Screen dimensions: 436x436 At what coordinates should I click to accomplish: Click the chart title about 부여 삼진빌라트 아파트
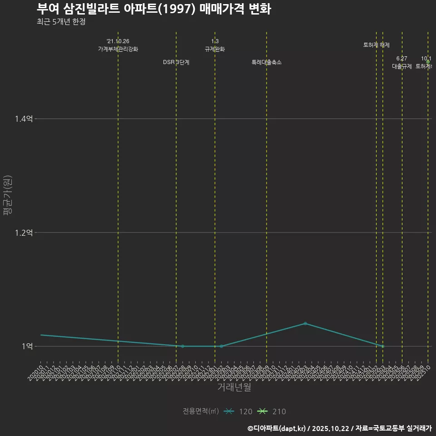tap(154, 9)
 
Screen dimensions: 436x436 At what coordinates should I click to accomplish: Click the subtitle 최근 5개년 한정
tap(61, 21)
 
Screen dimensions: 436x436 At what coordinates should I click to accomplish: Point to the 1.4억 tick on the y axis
tap(24, 119)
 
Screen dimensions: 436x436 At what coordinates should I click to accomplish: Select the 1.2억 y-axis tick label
tap(24, 233)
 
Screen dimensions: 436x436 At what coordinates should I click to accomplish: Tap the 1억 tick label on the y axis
tap(27, 346)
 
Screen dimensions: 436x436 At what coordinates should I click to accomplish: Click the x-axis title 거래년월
tap(234, 387)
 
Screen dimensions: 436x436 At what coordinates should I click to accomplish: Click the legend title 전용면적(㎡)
tap(200, 411)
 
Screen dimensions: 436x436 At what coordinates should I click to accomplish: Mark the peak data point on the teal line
tap(305, 323)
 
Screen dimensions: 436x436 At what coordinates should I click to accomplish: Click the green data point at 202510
tap(428, 62)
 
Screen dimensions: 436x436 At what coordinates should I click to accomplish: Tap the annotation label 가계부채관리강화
tap(118, 49)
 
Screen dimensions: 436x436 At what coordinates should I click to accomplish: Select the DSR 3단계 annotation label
tap(176, 62)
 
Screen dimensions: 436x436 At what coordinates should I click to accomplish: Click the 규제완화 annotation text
tap(215, 49)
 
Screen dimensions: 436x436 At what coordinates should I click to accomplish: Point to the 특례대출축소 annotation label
tap(267, 62)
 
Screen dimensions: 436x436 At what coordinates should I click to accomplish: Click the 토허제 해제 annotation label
tap(377, 45)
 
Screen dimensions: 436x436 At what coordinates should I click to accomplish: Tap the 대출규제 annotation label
tap(402, 66)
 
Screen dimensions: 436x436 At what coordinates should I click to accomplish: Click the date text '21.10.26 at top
tap(118, 41)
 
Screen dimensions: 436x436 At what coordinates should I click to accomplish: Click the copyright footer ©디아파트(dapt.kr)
tap(277, 428)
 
